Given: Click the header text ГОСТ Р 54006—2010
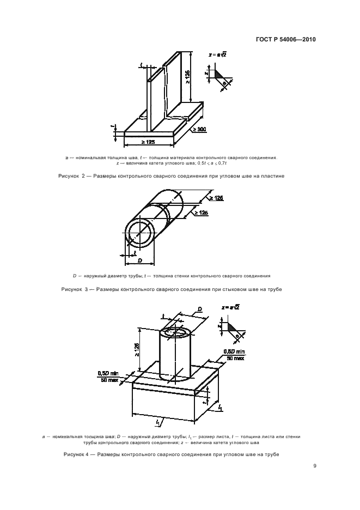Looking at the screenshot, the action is (x=286, y=40).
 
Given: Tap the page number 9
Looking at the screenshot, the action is (x=314, y=466).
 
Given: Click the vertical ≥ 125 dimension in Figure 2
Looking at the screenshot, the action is (x=188, y=77).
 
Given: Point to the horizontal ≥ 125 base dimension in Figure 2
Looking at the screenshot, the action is (x=148, y=142).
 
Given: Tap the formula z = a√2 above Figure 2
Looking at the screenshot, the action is (x=217, y=54).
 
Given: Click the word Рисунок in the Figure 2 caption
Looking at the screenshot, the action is (x=69, y=176).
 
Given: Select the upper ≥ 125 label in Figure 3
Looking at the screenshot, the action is (x=216, y=198).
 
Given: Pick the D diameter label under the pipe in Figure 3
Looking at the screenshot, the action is (x=139, y=260).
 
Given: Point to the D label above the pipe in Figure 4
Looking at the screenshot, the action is (x=200, y=308).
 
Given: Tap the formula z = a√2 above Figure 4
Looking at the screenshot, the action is (x=230, y=307).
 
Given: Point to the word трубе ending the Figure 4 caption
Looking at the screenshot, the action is (x=272, y=454).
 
